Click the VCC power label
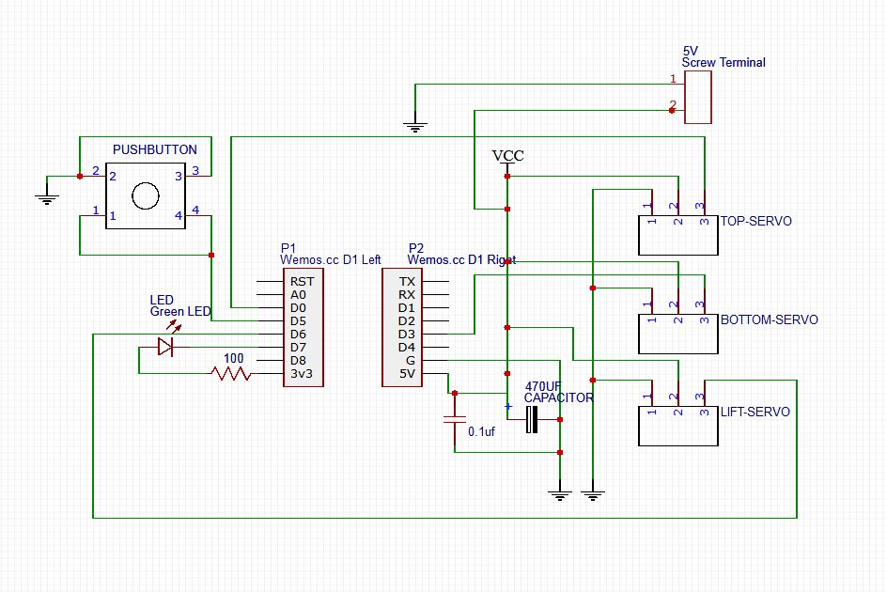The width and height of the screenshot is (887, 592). tap(507, 156)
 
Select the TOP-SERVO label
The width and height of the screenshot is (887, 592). tap(755, 222)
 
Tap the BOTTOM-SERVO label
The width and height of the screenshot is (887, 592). tap(769, 319)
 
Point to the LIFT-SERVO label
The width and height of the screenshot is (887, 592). tap(755, 413)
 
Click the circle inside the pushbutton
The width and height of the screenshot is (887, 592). tap(146, 195)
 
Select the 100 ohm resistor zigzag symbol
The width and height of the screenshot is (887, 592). tap(232, 373)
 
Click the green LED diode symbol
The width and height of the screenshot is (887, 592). tap(166, 347)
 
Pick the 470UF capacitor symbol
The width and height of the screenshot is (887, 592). tap(532, 419)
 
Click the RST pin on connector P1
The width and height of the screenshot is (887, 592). tap(302, 281)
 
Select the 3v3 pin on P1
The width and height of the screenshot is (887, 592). tap(302, 373)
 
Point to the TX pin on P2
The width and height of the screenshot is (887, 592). tap(406, 281)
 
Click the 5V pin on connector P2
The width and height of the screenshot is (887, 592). tap(406, 373)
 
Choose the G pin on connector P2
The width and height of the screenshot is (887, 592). tap(409, 360)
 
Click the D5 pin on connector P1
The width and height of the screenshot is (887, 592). tap(298, 320)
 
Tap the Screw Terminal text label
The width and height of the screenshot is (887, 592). tap(723, 63)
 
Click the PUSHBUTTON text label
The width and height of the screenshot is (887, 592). tap(155, 149)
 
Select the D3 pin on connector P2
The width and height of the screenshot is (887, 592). tap(406, 334)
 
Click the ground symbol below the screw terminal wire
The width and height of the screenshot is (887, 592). tap(414, 122)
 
